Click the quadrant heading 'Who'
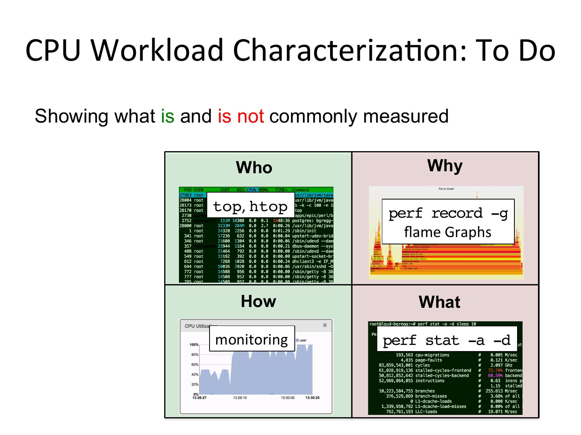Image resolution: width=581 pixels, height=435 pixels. tap(254, 168)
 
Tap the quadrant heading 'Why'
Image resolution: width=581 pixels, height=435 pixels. tap(445, 166)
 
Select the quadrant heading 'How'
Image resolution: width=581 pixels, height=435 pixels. tap(258, 301)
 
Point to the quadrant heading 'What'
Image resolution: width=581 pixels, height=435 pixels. tap(440, 302)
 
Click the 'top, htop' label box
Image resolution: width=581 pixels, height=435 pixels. tap(250, 207)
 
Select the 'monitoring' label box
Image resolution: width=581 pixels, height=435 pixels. tap(252, 339)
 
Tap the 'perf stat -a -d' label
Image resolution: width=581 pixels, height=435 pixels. tap(447, 340)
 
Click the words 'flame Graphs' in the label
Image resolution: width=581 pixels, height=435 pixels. tap(448, 232)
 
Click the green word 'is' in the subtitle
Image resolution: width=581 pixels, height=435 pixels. tap(168, 116)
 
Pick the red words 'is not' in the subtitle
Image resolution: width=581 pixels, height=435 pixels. tap(241, 116)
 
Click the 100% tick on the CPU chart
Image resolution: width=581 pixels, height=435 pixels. tap(194, 345)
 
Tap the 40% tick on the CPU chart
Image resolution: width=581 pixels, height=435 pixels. tap(195, 374)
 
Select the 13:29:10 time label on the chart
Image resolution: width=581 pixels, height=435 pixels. tap(240, 397)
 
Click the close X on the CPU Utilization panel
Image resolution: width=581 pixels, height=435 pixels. tap(325, 325)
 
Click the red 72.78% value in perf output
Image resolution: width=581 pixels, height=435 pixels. tap(495, 370)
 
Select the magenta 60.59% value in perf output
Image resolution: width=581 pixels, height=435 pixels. tap(495, 375)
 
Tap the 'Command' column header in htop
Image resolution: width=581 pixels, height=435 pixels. tap(301, 190)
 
